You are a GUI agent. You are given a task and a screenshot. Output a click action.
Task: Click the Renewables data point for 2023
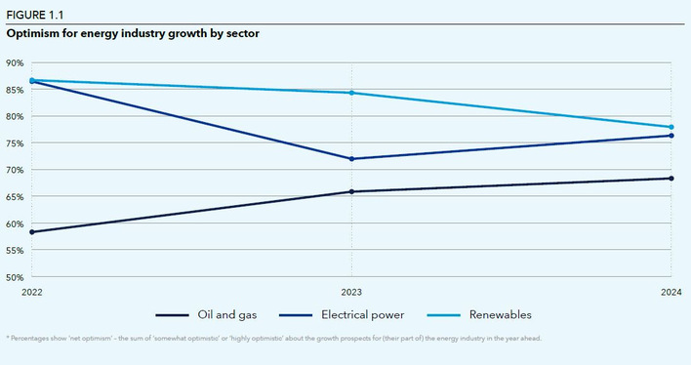(351, 93)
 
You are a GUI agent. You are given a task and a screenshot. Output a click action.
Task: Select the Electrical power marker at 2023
(351, 159)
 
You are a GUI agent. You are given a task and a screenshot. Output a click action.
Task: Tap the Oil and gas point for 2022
(31, 232)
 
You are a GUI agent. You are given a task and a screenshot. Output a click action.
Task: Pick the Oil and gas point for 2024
(671, 179)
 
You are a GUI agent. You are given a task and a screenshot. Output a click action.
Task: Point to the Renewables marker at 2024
(671, 127)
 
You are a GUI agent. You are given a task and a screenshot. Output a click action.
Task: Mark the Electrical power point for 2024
(671, 136)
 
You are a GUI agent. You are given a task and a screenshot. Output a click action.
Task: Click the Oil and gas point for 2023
(351, 191)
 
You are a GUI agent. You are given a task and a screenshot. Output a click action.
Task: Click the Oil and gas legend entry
(213, 314)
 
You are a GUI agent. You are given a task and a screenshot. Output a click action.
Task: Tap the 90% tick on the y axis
(15, 62)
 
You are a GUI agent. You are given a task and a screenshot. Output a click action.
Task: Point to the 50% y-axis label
(15, 277)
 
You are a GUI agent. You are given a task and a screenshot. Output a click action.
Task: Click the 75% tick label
(15, 143)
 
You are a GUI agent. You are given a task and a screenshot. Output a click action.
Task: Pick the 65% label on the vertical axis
(15, 197)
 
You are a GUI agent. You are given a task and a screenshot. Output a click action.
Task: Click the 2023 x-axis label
(351, 291)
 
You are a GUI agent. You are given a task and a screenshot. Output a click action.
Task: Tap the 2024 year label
(671, 291)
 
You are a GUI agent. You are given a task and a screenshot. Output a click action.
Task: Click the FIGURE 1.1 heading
(35, 12)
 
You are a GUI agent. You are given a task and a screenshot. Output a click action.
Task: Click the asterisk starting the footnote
(8, 339)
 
